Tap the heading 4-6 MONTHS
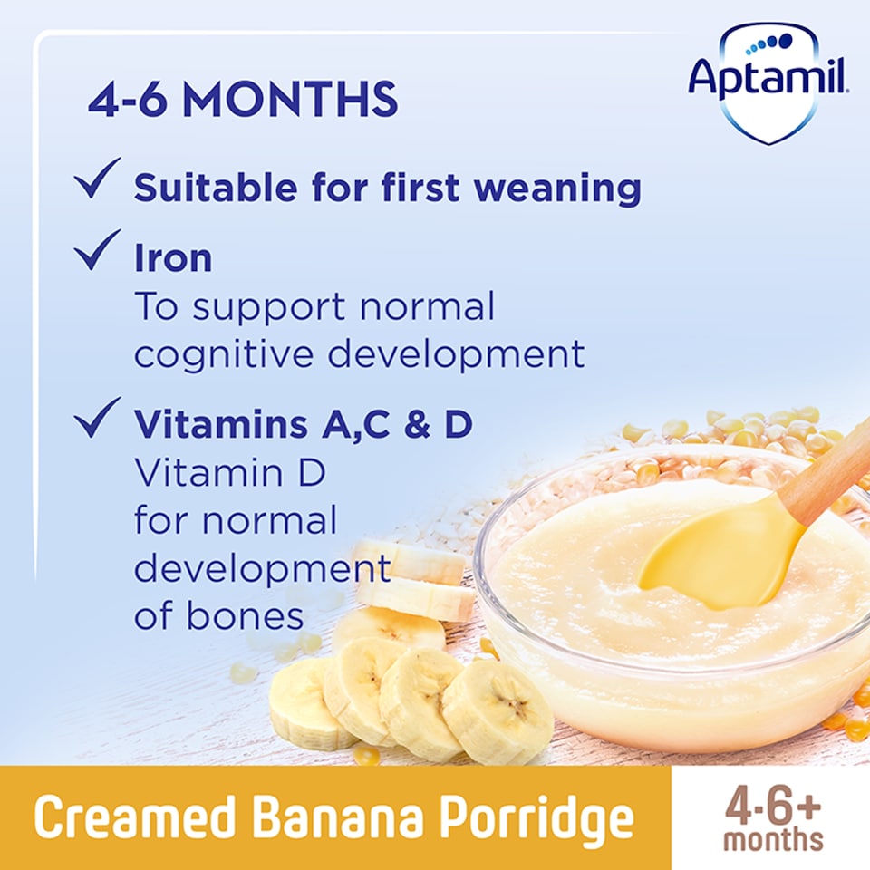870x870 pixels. point(243,100)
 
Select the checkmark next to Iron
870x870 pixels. point(99,250)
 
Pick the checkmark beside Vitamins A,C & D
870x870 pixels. point(99,418)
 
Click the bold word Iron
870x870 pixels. point(173,258)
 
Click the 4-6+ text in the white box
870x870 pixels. point(772,805)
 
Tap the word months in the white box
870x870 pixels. point(772,839)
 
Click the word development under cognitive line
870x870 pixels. point(456,353)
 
